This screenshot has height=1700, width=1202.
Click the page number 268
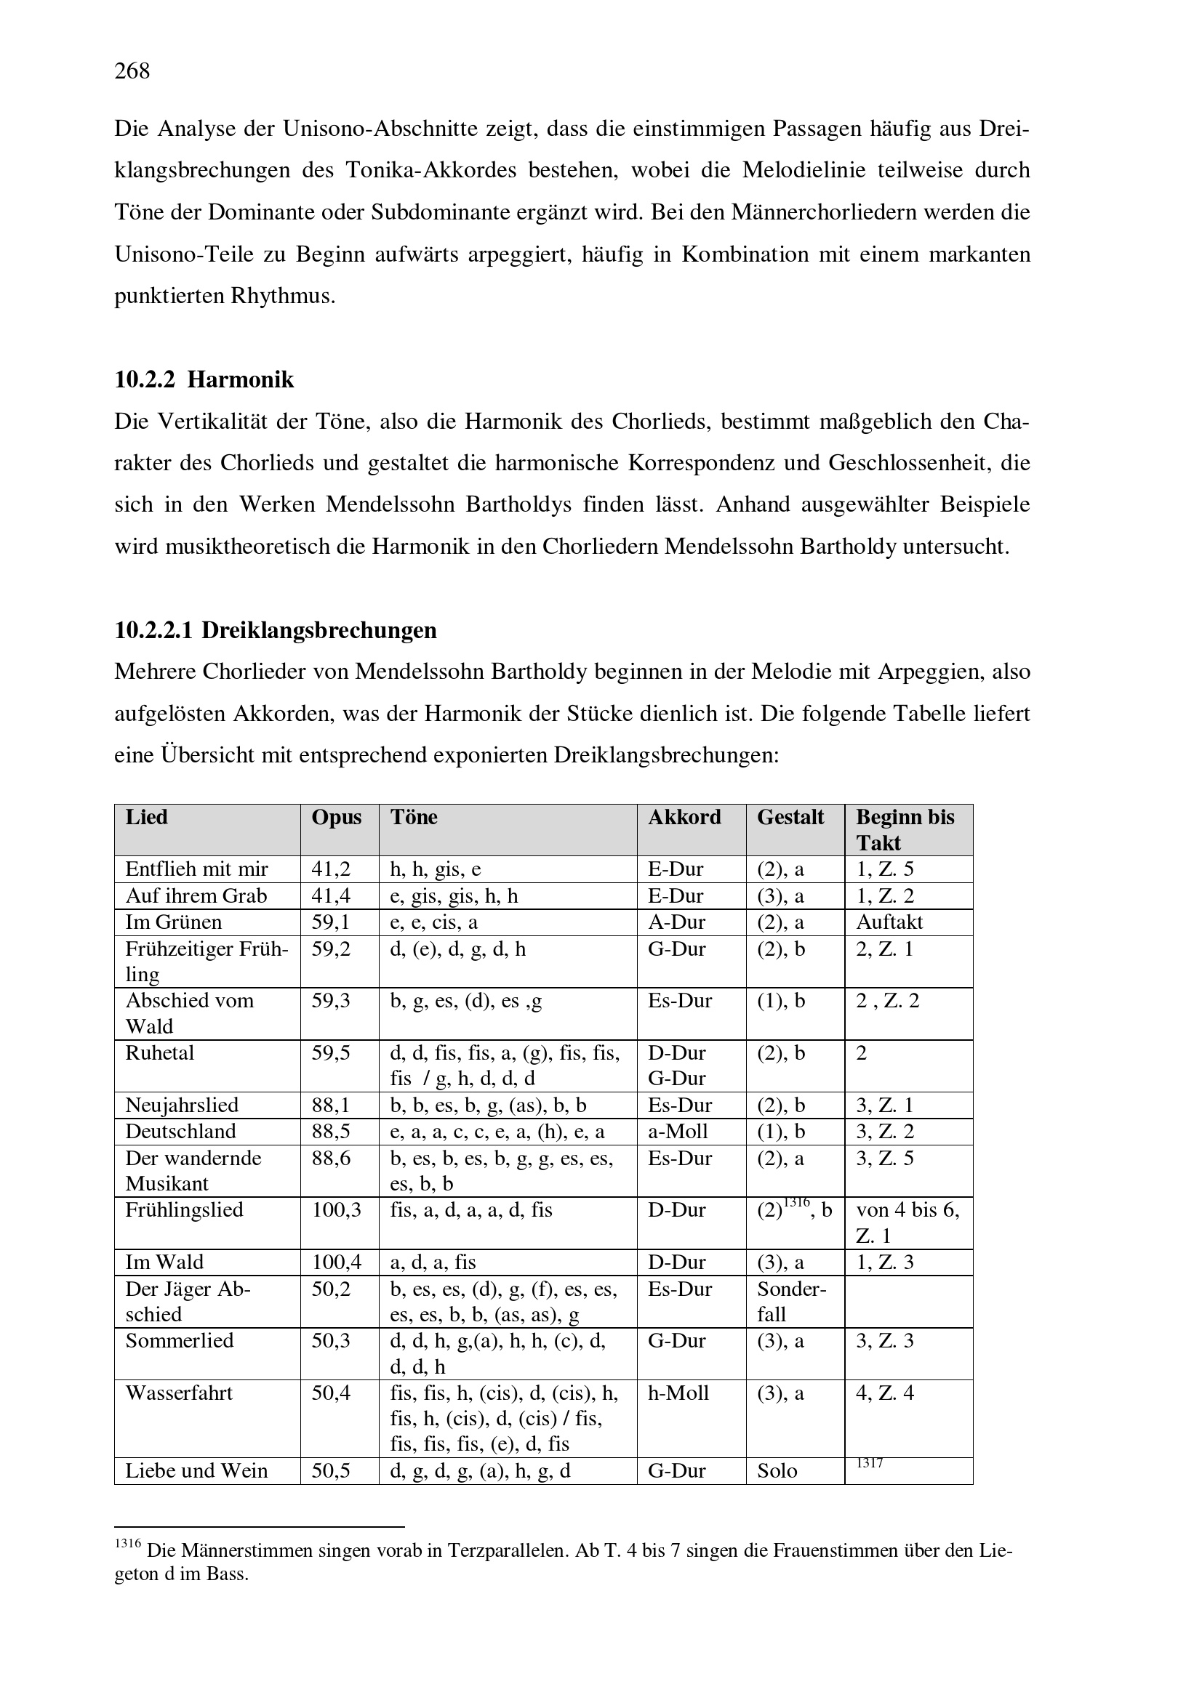132,71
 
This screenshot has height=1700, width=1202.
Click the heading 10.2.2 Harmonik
204,380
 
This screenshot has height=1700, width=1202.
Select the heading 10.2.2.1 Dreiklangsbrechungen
275,630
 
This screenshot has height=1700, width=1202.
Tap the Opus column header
336,817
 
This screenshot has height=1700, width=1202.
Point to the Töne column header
413,817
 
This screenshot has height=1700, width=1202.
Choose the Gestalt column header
790,817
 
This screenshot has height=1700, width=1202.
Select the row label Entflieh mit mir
196,869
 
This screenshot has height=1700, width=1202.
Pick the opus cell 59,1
330,922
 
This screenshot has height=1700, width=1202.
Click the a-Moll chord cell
678,1132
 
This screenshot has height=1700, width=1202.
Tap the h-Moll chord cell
678,1393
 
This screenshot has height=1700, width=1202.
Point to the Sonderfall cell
790,1301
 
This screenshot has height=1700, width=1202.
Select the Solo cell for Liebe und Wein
777,1470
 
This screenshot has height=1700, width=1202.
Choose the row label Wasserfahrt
178,1393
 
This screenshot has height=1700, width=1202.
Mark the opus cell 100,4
335,1262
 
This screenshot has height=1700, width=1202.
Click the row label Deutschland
180,1132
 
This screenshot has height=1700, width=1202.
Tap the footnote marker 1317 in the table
870,1463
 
